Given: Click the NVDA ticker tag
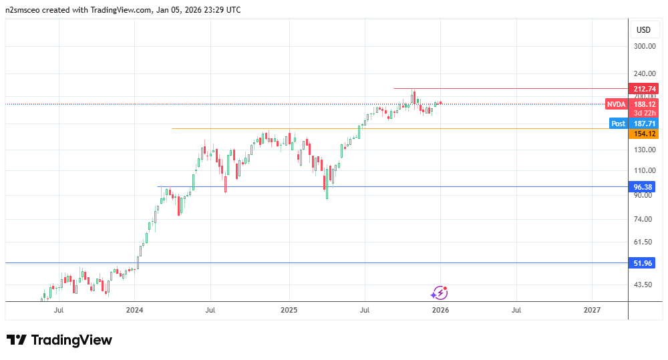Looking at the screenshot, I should (617, 104).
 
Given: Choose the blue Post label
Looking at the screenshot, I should (619, 124).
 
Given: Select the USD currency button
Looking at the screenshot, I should (643, 30).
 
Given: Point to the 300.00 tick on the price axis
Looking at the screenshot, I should (645, 47).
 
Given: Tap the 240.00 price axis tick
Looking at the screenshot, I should (645, 73).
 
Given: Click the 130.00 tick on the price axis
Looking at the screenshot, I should (645, 150).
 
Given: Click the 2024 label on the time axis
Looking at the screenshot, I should (135, 310).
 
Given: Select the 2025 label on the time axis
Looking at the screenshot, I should (289, 310).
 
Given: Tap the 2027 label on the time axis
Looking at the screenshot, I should (592, 310).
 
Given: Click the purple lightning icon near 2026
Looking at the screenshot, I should (439, 292).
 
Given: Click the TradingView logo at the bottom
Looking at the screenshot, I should (59, 340).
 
